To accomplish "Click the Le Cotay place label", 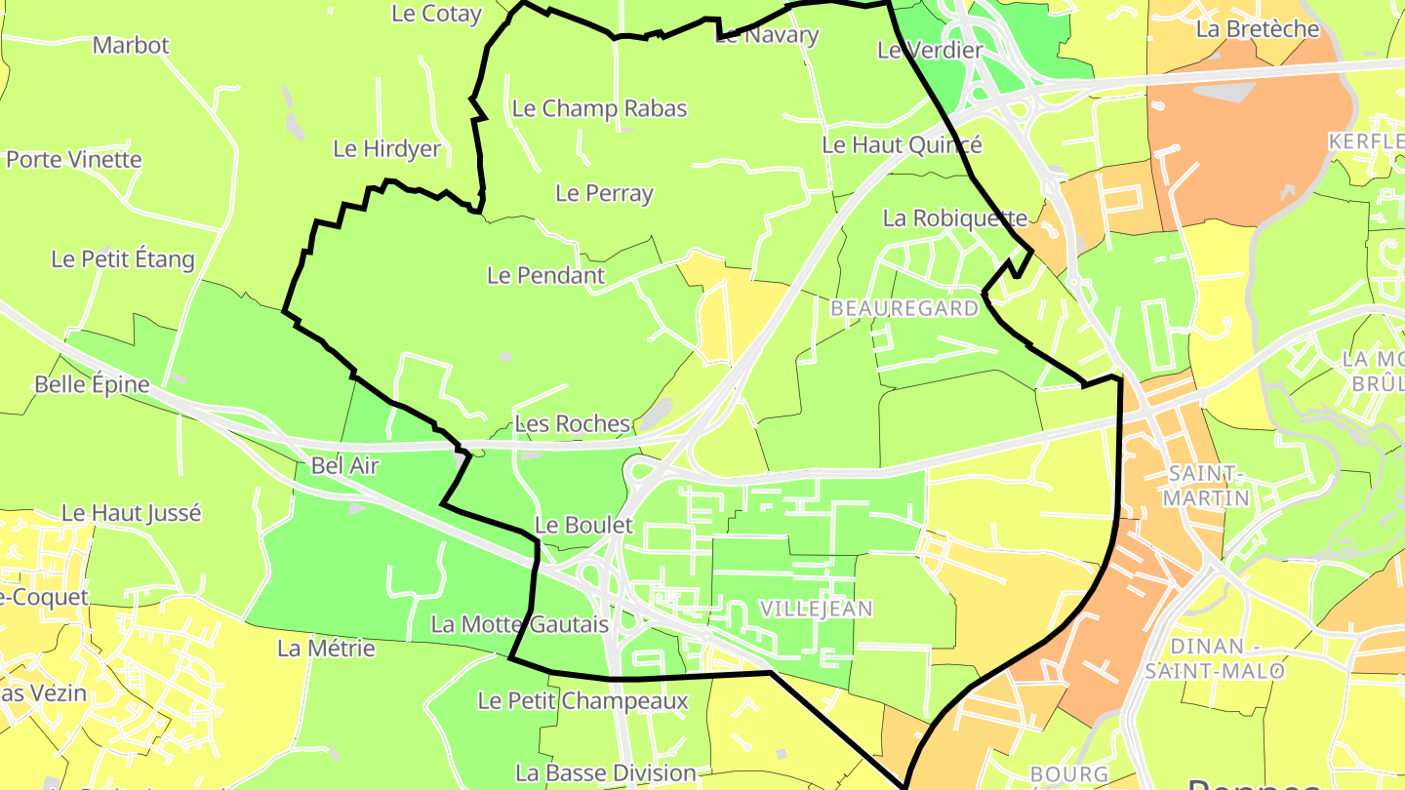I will (x=436, y=14).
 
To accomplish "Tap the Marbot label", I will (x=131, y=45).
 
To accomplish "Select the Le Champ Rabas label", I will (x=599, y=108).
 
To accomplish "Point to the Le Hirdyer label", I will (x=387, y=149).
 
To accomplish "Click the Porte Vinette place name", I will (x=74, y=159).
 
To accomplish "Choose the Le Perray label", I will (x=604, y=193).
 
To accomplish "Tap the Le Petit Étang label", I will (x=123, y=259).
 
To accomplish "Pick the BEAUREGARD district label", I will (x=903, y=308).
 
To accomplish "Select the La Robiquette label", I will (x=954, y=218).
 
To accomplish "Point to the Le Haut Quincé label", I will (x=902, y=145).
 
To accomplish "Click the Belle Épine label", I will (x=92, y=384).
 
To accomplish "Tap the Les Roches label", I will (x=572, y=423).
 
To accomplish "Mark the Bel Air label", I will (x=344, y=466).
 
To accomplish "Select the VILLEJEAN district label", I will (x=816, y=609).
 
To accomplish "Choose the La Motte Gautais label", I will (x=519, y=624).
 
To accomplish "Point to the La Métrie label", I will (x=326, y=648).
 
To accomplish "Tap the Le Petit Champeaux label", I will (x=582, y=700).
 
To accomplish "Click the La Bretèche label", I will (x=1257, y=29).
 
